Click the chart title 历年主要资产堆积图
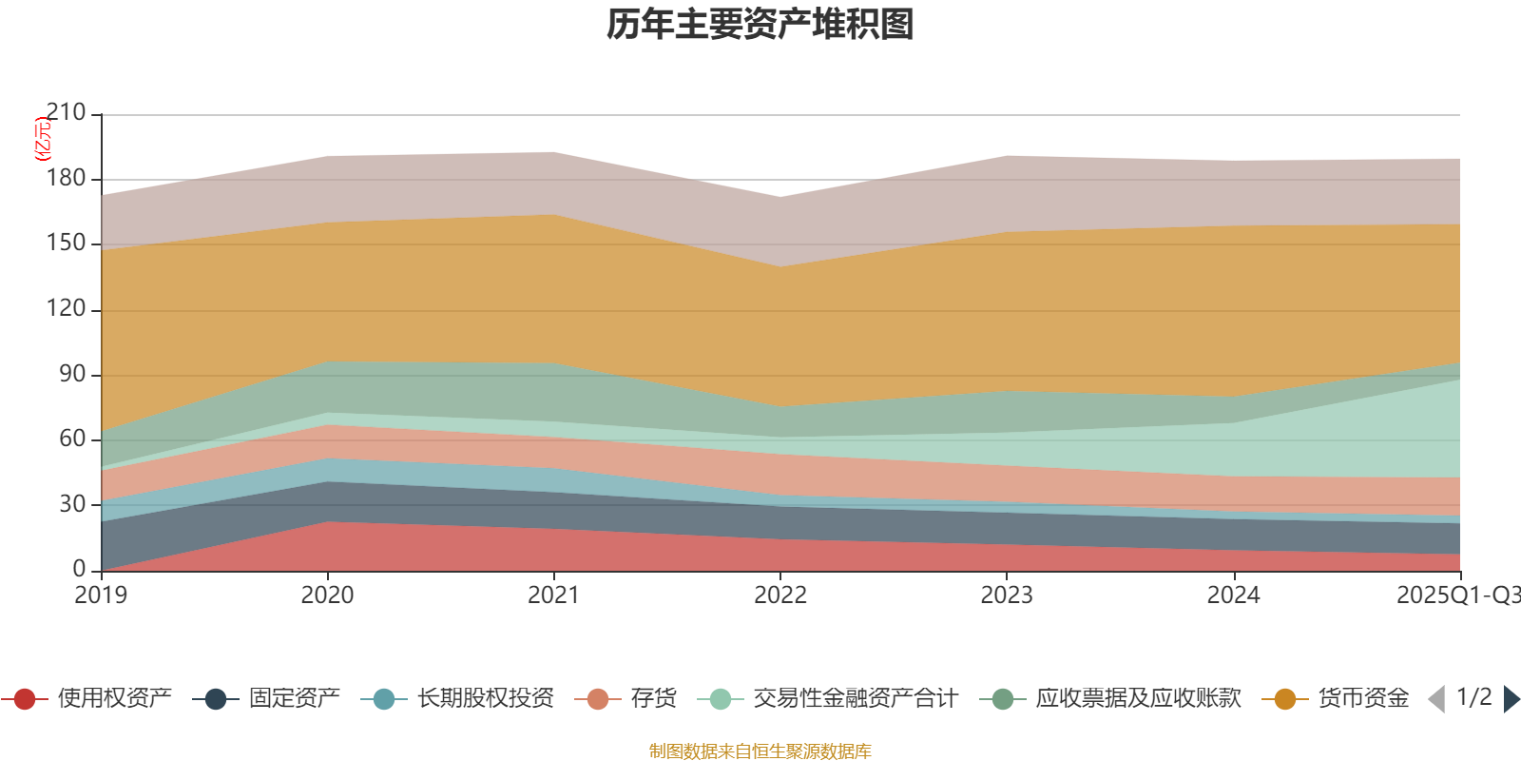click(x=760, y=25)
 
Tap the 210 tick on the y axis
click(x=66, y=113)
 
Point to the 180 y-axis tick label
click(x=66, y=179)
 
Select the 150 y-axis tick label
click(x=66, y=244)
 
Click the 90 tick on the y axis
click(x=72, y=374)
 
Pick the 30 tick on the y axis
click(x=72, y=504)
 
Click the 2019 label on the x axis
click(x=102, y=595)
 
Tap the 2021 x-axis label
click(x=554, y=595)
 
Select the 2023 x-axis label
click(x=1007, y=595)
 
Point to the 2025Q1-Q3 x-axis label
click(x=1457, y=595)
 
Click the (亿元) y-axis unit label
click(x=43, y=139)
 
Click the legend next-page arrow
click(x=1511, y=699)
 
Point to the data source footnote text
click(x=760, y=751)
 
